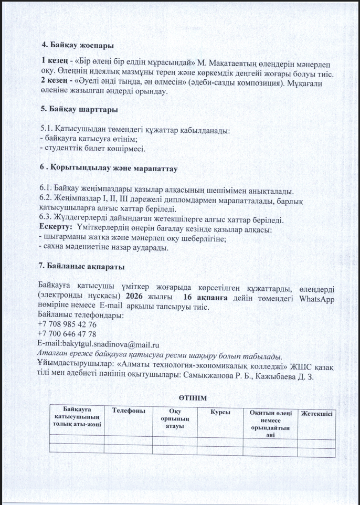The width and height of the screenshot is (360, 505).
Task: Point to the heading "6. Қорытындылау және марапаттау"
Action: point(109,169)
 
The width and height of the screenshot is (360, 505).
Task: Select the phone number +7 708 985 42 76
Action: point(68,325)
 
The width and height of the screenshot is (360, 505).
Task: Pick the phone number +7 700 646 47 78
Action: point(68,334)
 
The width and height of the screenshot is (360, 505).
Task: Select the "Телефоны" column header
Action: point(128,409)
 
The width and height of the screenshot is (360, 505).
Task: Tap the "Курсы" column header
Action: point(220,413)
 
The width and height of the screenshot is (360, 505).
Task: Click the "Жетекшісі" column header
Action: point(316,414)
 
